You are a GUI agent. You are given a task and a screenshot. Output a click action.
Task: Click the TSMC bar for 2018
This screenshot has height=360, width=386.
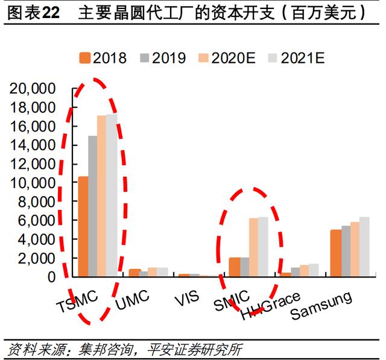point(83,226)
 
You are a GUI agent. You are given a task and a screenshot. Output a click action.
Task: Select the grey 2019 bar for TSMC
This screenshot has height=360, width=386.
point(93,206)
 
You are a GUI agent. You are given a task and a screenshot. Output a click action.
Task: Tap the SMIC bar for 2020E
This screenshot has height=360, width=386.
point(254,247)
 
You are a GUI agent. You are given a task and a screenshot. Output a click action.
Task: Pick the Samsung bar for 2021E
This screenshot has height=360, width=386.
point(364,247)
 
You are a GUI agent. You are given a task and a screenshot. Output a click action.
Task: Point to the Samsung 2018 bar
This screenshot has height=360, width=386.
point(336,253)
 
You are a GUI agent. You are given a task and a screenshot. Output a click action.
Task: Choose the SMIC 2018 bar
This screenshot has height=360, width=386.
point(235,267)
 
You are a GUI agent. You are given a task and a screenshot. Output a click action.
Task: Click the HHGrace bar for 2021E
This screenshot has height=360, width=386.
point(314,270)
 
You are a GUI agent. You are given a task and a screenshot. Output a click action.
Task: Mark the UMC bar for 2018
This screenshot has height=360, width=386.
point(134,273)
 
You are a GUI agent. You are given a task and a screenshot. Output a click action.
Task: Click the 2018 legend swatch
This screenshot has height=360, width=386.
point(85,58)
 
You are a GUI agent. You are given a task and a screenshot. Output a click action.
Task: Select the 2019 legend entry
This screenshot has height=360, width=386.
point(163,58)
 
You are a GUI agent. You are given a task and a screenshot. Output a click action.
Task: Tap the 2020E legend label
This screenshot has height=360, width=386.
point(233,58)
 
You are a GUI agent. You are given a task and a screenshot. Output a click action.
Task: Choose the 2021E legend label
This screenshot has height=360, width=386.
point(303,58)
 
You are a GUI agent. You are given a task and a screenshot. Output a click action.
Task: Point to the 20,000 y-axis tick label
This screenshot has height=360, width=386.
point(32,89)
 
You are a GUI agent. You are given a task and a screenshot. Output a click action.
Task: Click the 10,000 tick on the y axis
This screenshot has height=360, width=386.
point(32,183)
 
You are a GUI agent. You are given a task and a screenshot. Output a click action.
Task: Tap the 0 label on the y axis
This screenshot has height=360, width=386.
point(51,277)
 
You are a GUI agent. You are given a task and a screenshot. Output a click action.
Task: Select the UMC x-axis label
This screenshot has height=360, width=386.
point(132,300)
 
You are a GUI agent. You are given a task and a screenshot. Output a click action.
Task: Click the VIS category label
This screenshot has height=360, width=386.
point(186,298)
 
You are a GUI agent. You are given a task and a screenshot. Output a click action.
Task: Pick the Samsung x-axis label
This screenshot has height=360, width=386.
point(321,305)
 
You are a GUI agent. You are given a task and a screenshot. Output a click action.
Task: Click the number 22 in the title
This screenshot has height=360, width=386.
point(51,13)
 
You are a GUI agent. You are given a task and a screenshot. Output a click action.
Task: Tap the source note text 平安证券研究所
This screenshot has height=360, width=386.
point(194,349)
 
